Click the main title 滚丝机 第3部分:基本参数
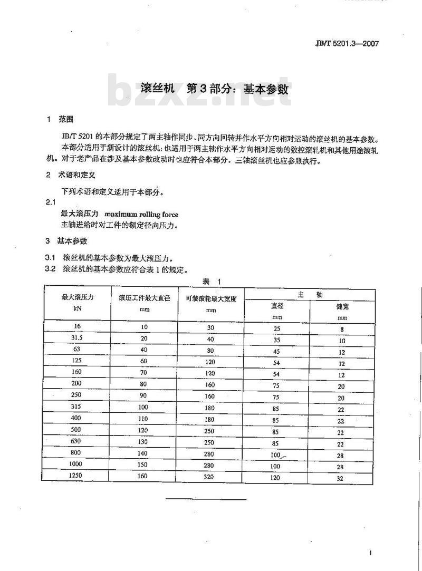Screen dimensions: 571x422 (x=215, y=89)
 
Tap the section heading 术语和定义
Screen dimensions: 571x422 (x=77, y=175)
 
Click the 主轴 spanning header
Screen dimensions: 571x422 (x=310, y=295)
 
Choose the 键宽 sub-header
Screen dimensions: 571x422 (x=342, y=306)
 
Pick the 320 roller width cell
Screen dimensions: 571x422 (x=210, y=476)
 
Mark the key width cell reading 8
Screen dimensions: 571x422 (x=342, y=330)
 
